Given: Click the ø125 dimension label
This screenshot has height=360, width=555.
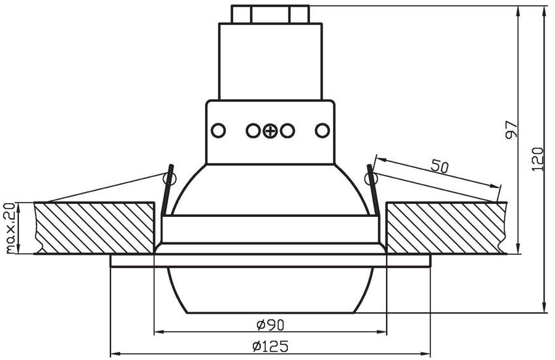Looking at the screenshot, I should tap(270, 346).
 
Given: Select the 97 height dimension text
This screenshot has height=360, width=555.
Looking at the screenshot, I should tap(512, 129).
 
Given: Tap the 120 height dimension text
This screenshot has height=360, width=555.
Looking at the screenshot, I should tap(538, 159).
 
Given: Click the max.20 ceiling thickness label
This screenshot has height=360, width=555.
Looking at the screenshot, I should tap(10, 228).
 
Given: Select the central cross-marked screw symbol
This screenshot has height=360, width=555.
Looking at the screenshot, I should tap(270, 131).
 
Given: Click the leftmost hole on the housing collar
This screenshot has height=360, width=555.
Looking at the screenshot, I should tap(218, 131).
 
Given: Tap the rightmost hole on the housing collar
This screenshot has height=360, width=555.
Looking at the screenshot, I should tap(322, 131).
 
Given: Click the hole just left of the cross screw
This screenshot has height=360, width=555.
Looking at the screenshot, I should tap(253, 131).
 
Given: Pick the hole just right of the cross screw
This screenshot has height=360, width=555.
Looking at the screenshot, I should tap(287, 131).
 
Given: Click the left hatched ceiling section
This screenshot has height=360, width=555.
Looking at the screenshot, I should tap(95, 228).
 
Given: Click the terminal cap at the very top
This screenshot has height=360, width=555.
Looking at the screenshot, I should tap(270, 14).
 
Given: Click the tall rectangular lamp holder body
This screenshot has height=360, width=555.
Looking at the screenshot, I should tap(270, 61).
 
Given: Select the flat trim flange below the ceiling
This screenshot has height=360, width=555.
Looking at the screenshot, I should tap(270, 261).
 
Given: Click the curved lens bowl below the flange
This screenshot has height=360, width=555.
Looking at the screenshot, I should tap(270, 291).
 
